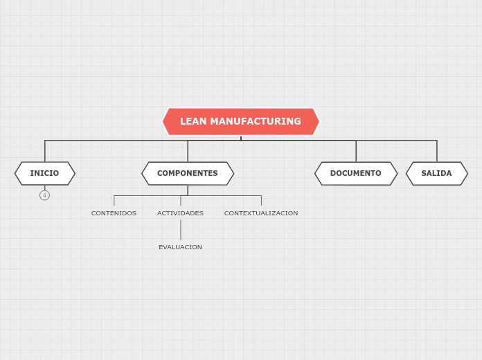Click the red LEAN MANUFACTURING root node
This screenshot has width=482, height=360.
click(240, 122)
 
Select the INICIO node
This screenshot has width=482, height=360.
click(45, 174)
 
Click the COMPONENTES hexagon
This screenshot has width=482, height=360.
click(188, 174)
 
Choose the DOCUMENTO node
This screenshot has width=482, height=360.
click(356, 174)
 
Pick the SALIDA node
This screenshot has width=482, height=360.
click(437, 174)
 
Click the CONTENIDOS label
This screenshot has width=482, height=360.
click(114, 213)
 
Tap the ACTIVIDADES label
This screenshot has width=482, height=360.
click(180, 213)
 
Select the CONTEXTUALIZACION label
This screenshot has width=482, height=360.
click(261, 213)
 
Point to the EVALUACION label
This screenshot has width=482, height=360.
click(180, 247)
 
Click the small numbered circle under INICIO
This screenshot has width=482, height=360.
click(45, 195)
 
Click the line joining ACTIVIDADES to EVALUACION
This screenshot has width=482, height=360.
click(181, 230)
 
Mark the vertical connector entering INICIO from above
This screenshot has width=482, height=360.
click(45, 151)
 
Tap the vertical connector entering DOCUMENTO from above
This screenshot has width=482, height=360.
click(356, 151)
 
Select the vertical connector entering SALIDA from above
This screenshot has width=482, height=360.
click(437, 151)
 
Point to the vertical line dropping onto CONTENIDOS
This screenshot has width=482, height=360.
click(114, 201)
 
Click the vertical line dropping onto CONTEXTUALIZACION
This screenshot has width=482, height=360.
click(261, 201)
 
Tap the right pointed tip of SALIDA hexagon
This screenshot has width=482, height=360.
click(467, 174)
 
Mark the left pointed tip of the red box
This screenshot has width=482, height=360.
click(163, 122)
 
